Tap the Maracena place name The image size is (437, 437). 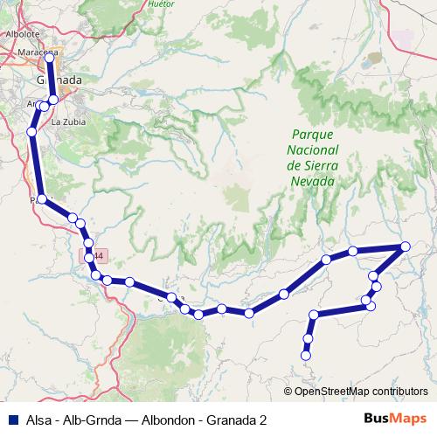click(x=36, y=52)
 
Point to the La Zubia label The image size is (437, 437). click(x=66, y=121)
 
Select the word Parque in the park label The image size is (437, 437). click(x=312, y=135)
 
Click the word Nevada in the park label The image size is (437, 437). click(x=312, y=181)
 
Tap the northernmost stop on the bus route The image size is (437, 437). click(x=49, y=58)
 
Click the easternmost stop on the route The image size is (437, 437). click(x=406, y=246)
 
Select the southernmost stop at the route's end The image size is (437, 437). click(x=306, y=355)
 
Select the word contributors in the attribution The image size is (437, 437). click(x=398, y=391)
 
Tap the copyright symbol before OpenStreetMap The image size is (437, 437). click(x=288, y=391)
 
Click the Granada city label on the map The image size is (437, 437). click(x=59, y=80)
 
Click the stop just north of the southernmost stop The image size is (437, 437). click(x=308, y=338)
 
